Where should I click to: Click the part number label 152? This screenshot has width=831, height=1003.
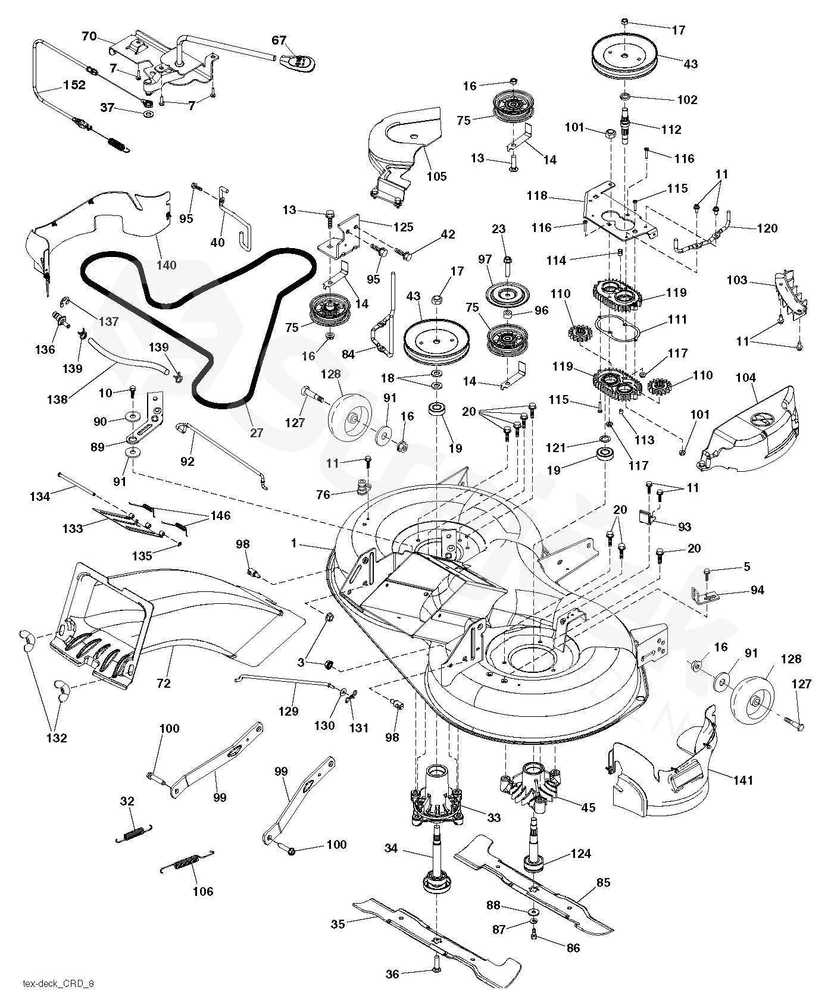(x=74, y=85)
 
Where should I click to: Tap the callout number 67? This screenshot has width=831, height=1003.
(x=279, y=40)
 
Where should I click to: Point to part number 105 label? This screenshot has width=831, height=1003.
(x=436, y=177)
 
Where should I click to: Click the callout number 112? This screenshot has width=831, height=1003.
(x=671, y=130)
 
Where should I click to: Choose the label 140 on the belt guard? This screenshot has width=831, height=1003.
(x=166, y=265)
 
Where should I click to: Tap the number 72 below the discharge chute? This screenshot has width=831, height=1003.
(x=163, y=684)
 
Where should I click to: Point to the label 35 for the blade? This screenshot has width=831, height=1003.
(x=338, y=924)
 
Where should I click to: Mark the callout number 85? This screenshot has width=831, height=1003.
(x=603, y=883)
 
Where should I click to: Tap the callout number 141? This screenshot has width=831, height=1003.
(x=743, y=780)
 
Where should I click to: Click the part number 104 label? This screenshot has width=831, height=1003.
(x=746, y=378)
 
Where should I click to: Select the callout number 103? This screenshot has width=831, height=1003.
(x=737, y=280)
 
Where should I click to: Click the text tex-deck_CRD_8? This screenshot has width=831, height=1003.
(x=58, y=983)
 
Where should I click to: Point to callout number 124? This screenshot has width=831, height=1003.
(x=580, y=854)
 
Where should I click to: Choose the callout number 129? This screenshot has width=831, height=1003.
(x=289, y=711)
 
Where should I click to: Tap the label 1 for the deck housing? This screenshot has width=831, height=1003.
(x=294, y=543)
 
